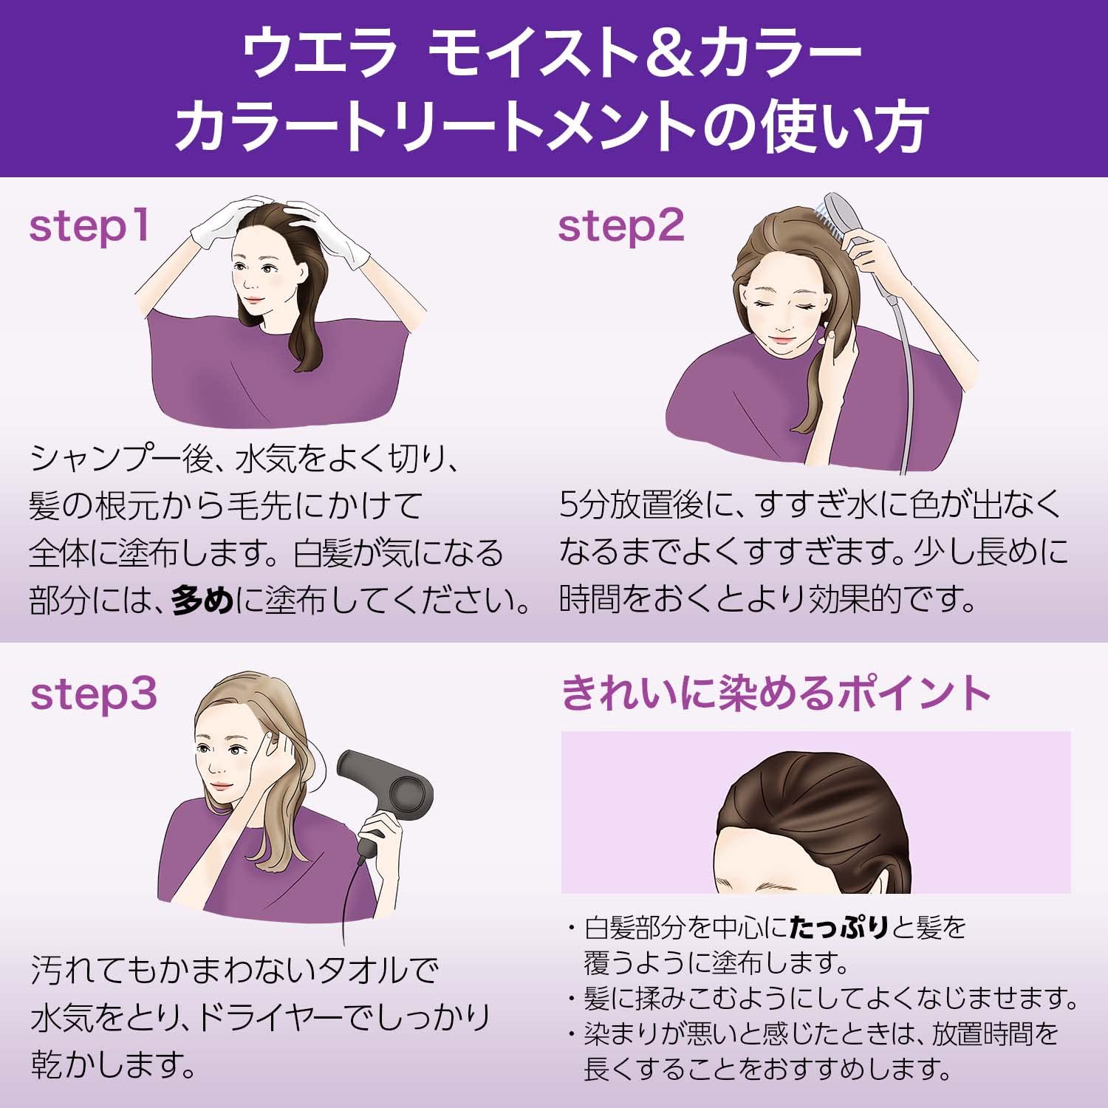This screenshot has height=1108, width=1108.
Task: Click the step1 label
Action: click(x=89, y=226)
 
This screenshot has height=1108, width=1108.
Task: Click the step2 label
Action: click(x=620, y=226)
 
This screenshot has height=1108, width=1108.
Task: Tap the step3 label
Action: click(x=94, y=694)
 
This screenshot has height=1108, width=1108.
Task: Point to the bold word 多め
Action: click(x=202, y=601)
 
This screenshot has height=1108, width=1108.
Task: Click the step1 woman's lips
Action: click(x=253, y=300)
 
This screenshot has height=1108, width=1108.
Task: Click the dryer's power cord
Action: click(x=346, y=909)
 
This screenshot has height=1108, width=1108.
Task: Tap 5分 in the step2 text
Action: click(x=584, y=506)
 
